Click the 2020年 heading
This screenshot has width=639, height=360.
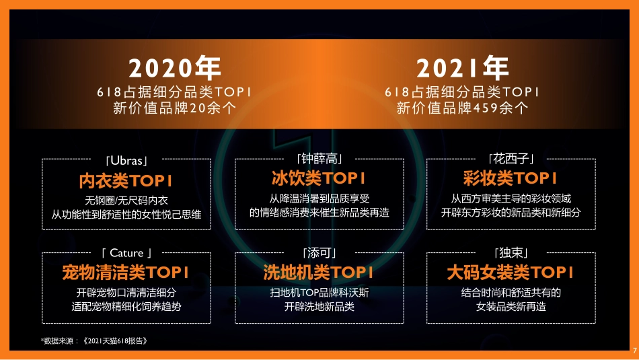[174, 69]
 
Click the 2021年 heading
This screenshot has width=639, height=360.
[462, 69]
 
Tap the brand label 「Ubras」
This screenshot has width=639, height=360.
[126, 161]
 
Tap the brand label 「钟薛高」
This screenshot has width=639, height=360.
[319, 159]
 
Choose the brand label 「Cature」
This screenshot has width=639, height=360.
[126, 254]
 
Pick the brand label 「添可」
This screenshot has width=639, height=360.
[319, 253]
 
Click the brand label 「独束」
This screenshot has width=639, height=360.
[511, 253]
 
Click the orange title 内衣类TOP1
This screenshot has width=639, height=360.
[126, 180]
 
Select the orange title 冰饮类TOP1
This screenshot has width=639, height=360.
[319, 178]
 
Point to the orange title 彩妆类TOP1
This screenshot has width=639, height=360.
[511, 178]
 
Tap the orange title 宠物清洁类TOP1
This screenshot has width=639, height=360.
[126, 273]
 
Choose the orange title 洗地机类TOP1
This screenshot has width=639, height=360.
[319, 273]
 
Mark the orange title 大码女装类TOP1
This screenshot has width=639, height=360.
[511, 273]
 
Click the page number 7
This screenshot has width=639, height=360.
[634, 350]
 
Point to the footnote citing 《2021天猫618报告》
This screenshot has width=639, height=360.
[94, 341]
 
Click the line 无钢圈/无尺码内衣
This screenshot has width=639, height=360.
[126, 201]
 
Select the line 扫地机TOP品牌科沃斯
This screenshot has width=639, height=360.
[319, 293]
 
